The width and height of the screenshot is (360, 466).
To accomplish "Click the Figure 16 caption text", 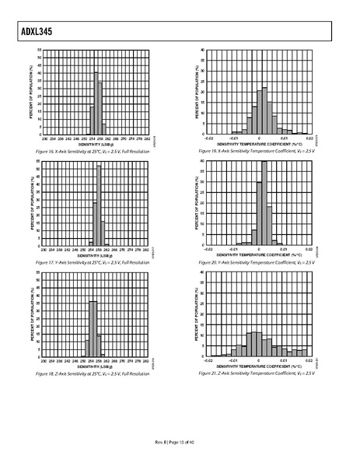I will coord(93,151).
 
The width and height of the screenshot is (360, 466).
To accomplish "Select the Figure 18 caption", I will coord(93,373).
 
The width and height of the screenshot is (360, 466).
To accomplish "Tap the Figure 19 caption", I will coord(257,151).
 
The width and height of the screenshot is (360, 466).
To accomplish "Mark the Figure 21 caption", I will coord(257,373).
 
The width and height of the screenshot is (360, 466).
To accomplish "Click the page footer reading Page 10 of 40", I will coord(180,443).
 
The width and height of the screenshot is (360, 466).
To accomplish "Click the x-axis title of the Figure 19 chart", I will coord(259,144).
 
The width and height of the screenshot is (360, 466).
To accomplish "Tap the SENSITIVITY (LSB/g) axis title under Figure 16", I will coord(95,145).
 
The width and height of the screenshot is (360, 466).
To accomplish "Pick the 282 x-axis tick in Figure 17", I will coord(147,251).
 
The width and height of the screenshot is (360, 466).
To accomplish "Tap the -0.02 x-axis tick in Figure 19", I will coord(208,139).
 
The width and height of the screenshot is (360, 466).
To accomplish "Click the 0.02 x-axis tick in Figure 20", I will coord(309,250).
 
